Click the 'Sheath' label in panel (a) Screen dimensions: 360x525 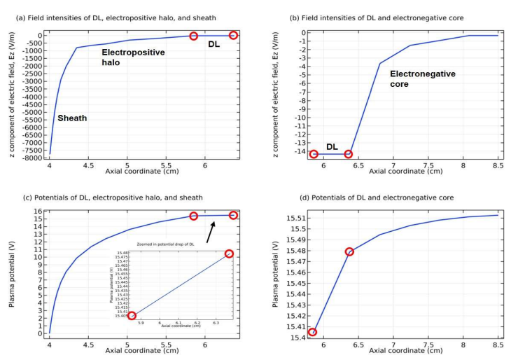(x=72, y=118)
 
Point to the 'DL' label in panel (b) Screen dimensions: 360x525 (x=332, y=147)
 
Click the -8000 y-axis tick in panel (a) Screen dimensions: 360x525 (x=34, y=158)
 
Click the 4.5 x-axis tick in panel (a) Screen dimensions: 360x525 (x=87, y=165)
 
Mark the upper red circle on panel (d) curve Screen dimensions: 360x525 (x=349, y=251)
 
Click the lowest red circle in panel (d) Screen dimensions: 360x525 (x=312, y=332)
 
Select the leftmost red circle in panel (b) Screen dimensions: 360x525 (x=314, y=154)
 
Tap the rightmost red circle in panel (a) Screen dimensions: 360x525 (x=234, y=35)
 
